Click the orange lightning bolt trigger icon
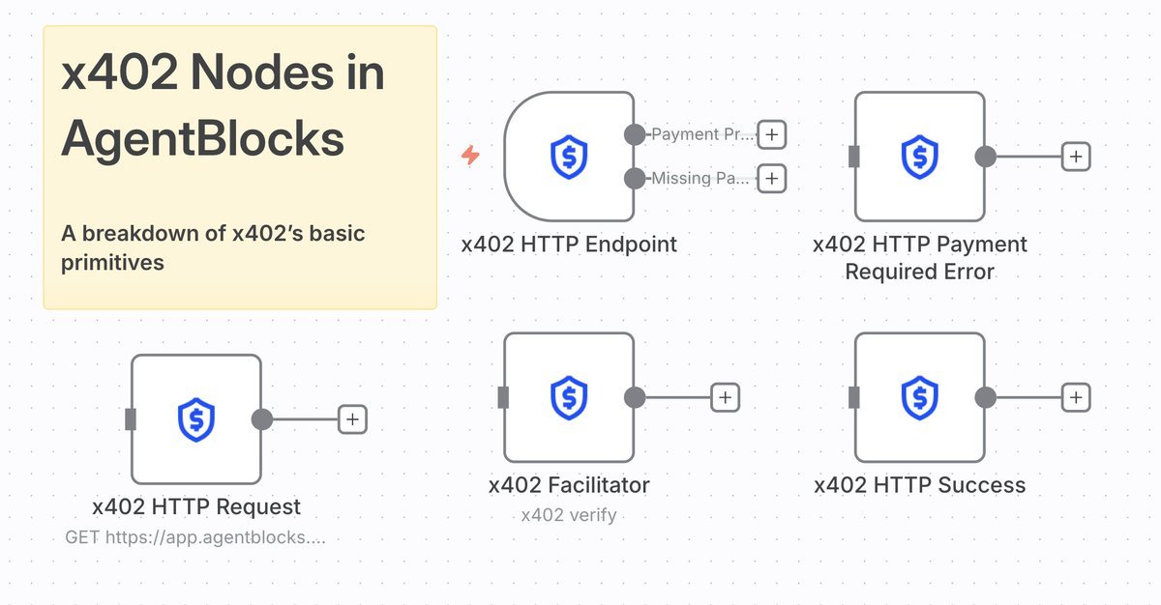[470, 156]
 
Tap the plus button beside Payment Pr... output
[771, 134]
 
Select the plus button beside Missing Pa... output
[771, 178]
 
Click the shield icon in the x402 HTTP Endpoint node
[569, 157]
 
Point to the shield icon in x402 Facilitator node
[569, 397]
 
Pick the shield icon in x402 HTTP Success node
[920, 397]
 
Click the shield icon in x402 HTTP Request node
[196, 419]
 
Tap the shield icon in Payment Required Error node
[920, 157]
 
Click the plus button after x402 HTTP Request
[352, 419]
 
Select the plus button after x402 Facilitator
[726, 397]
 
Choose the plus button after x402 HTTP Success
[1076, 397]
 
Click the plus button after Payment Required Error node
[1076, 157]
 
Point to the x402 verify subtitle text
[569, 515]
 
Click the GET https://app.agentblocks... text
[194, 536]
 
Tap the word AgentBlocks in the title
[203, 139]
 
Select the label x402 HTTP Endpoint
[569, 245]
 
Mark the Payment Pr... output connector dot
[635, 134]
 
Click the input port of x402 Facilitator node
[503, 397]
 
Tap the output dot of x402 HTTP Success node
[986, 397]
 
